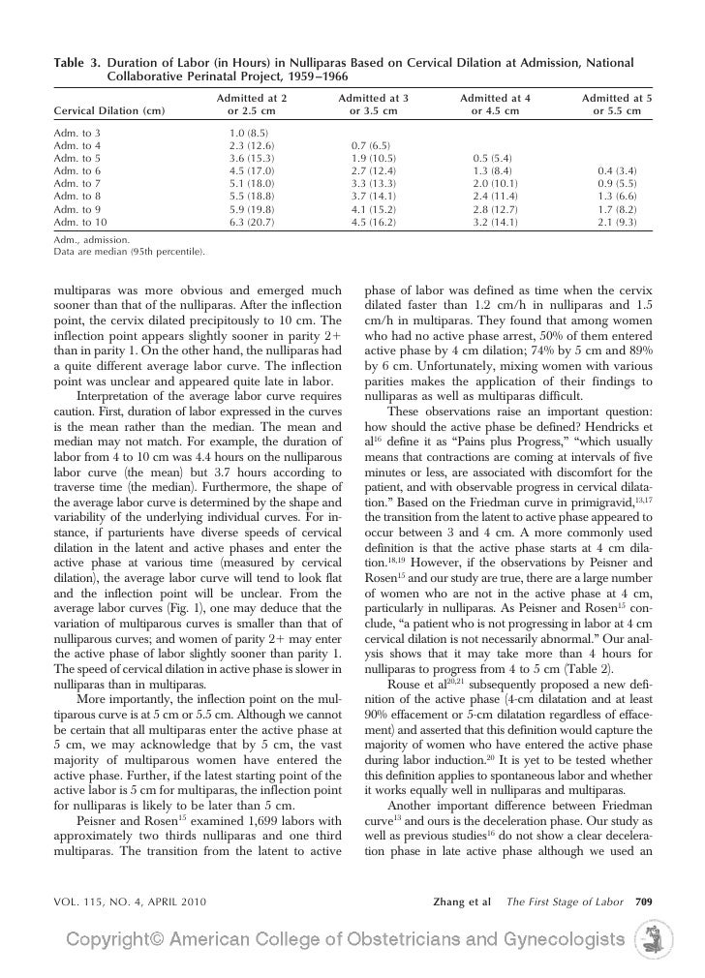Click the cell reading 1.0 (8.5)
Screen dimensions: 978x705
point(251,132)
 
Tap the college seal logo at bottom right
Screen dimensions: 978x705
point(647,942)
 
